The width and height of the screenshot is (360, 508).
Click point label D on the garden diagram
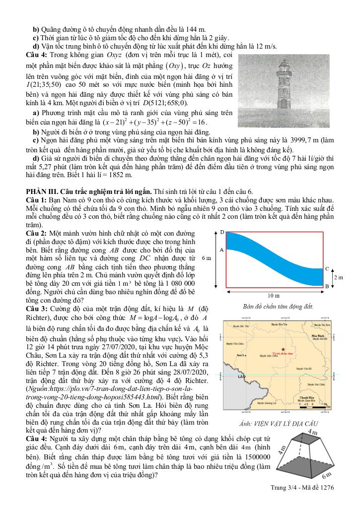click(x=222, y=232)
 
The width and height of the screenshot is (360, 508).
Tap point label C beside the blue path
click(x=327, y=268)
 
